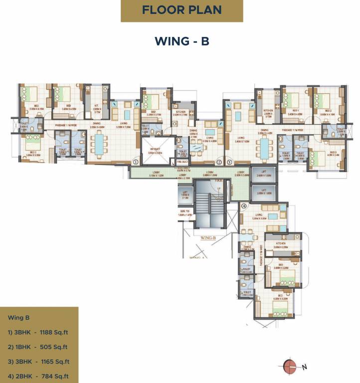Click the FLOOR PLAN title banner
(181, 10)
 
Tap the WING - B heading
(181, 41)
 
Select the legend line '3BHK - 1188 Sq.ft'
(38, 332)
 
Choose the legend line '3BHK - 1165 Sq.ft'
(38, 362)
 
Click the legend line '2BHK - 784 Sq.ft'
(38, 377)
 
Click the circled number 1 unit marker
(135, 162)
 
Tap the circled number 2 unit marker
(218, 162)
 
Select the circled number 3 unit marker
(229, 162)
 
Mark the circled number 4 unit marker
(244, 205)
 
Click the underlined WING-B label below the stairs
(207, 238)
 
